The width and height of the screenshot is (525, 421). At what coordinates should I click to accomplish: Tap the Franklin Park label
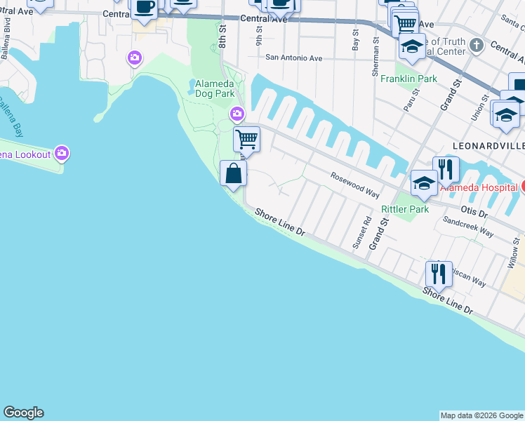click(408, 79)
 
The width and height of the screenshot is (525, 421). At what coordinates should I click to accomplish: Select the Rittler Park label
click(404, 209)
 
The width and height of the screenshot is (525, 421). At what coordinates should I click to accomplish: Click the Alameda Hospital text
click(479, 187)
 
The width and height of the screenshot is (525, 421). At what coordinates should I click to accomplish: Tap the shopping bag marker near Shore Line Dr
click(233, 173)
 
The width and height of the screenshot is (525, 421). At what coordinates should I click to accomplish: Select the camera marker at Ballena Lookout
click(62, 152)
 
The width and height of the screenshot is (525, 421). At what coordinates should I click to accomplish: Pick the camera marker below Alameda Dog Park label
click(237, 113)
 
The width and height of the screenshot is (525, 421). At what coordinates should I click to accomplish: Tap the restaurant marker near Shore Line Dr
click(439, 272)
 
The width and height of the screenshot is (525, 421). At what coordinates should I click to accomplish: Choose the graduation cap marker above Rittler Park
click(424, 183)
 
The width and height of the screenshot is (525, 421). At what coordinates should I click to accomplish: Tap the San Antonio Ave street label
click(293, 58)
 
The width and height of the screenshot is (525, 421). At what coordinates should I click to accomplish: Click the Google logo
click(23, 413)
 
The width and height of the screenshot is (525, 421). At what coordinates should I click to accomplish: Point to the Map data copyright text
click(481, 415)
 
